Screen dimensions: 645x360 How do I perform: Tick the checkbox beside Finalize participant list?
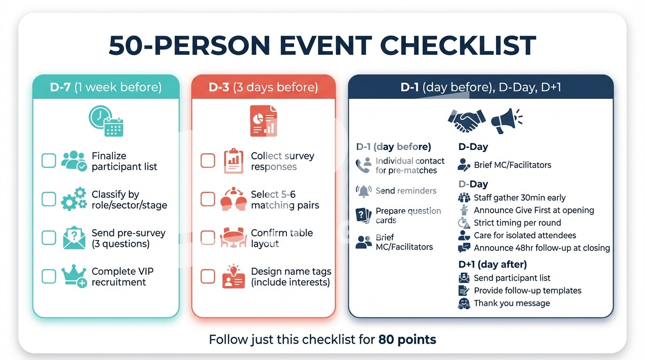49,160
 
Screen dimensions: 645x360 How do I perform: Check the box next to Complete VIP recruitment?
49,276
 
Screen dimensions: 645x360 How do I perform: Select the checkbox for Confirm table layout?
208,238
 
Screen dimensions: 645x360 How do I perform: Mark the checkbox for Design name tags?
208,276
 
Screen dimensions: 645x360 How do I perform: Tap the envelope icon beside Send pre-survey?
74,238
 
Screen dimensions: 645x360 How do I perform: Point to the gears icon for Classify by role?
74,199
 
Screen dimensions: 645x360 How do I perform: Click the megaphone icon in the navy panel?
507,120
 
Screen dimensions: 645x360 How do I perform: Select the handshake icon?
466,120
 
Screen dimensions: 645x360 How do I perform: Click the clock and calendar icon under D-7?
106,120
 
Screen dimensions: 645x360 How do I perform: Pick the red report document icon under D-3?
263,120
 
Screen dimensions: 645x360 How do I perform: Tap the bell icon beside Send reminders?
363,191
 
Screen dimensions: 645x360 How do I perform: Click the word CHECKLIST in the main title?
458,45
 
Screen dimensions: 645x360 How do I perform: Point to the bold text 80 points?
407,339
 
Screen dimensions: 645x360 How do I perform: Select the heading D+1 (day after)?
493,264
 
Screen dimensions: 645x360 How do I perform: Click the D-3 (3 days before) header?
263,87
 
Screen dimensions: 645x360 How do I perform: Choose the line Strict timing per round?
517,223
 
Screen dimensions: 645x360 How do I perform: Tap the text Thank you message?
512,303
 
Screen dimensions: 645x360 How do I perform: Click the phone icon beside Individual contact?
363,165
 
